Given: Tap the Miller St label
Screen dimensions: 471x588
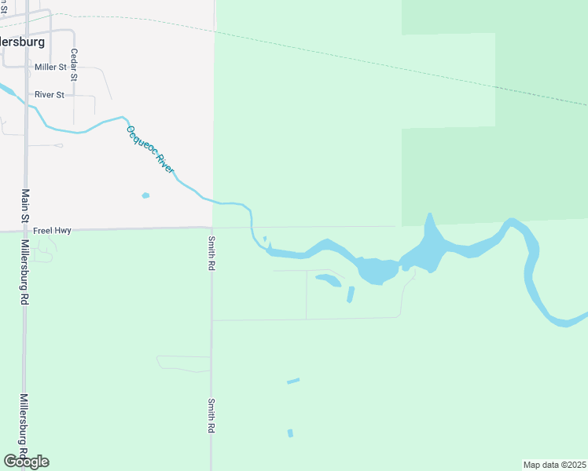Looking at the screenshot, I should point(50,68).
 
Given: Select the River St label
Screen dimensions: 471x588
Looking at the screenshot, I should point(48,95).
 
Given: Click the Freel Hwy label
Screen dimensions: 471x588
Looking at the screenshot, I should point(53,231).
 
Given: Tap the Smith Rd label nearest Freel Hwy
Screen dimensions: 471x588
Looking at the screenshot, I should point(211,254).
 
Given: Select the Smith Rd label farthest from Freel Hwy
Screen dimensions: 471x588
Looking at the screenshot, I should point(211,416).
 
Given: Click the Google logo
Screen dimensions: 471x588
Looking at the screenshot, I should point(26,461).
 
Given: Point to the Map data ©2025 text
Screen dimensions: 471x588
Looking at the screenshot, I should point(555,464).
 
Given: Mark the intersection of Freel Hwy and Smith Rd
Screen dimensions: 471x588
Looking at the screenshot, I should point(211,228).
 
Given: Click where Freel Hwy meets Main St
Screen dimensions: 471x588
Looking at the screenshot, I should point(25,231).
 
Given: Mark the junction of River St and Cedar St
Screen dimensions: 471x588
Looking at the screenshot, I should point(74,96).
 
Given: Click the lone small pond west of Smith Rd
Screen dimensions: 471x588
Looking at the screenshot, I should point(145,195).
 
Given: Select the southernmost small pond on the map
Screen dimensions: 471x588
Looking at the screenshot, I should point(290,433).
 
